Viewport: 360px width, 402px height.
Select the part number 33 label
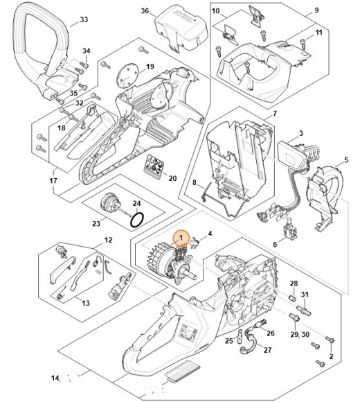tap(84, 19)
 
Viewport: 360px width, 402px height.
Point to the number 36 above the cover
tap(145, 11)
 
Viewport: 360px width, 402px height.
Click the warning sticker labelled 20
tap(153, 167)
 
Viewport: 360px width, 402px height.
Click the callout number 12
tap(107, 240)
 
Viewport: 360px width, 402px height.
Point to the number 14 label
tap(55, 378)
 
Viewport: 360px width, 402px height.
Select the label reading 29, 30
tap(300, 334)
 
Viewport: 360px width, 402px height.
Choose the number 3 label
tap(301, 133)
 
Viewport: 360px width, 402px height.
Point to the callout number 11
tap(319, 33)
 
